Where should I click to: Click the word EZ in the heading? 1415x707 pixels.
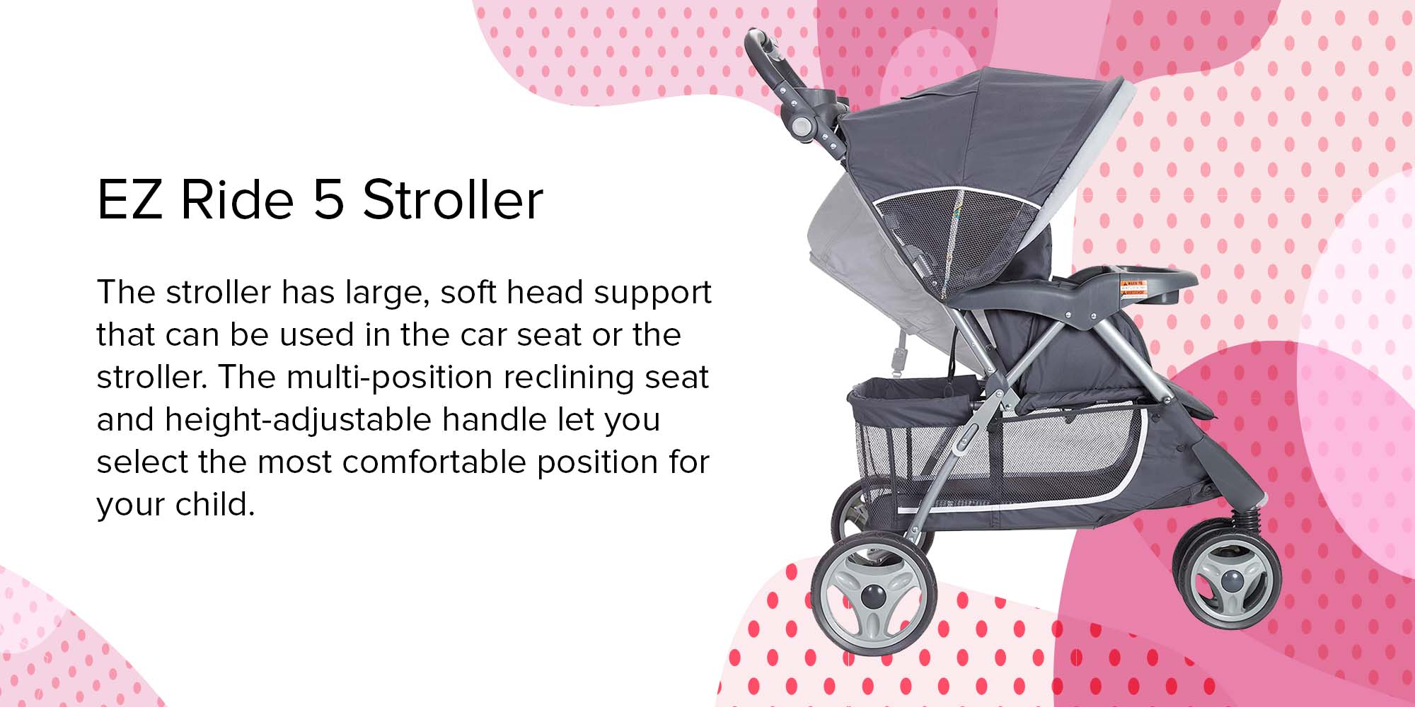[x=129, y=199]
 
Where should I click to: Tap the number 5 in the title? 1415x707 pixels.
[x=329, y=199]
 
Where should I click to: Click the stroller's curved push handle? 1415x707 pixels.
[x=770, y=64]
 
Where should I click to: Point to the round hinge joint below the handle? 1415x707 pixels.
[x=802, y=127]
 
